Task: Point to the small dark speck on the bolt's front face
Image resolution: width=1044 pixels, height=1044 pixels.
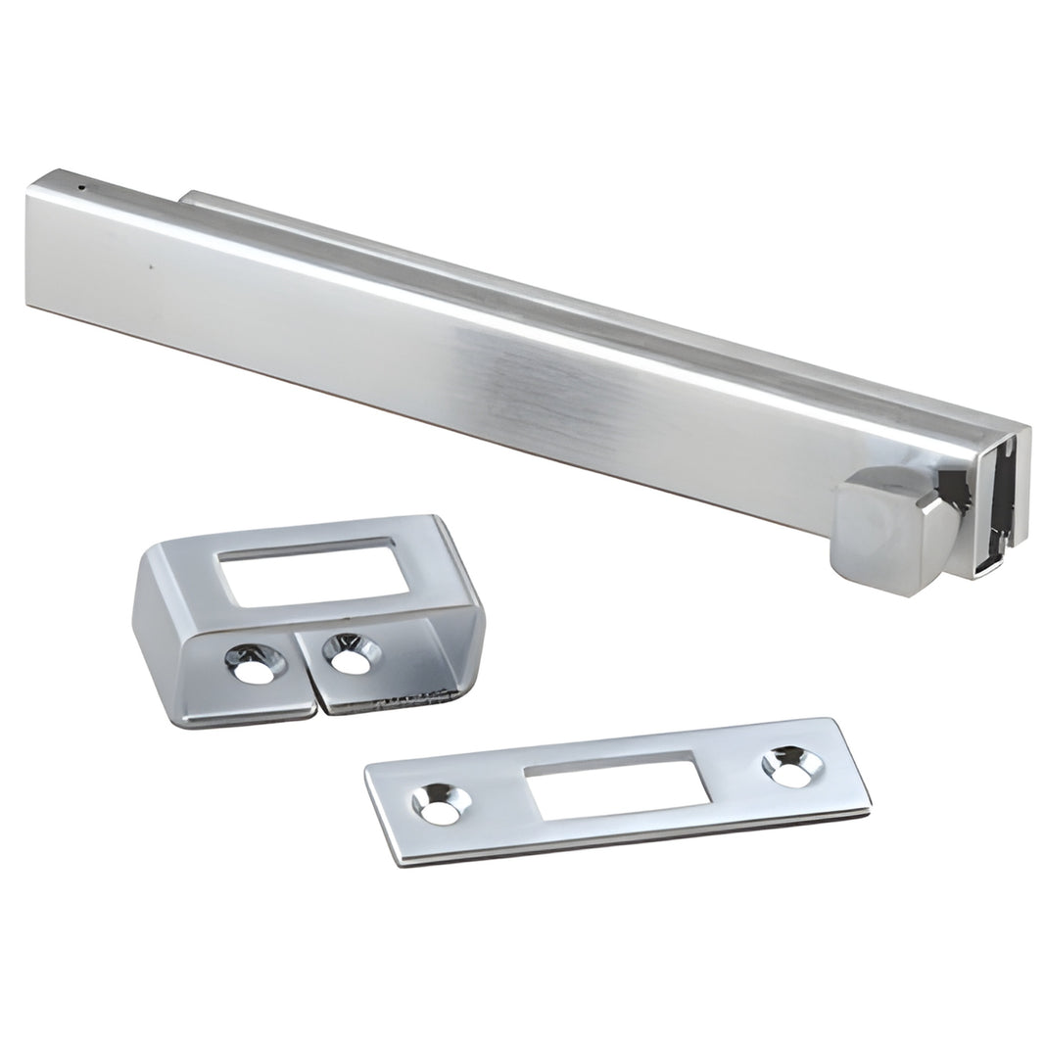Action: [150, 263]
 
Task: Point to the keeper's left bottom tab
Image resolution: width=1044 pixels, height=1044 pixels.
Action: [245, 686]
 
